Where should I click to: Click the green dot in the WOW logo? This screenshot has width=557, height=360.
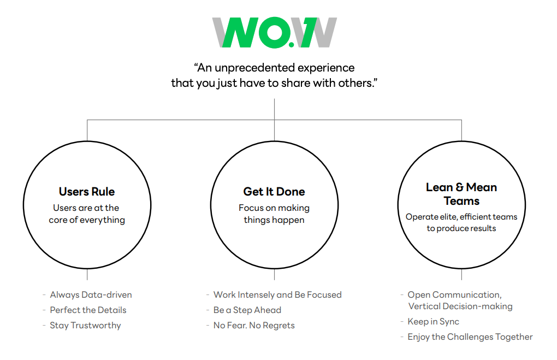point(292,45)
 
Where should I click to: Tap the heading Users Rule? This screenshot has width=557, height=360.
point(87,192)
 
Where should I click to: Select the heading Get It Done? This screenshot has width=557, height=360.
point(274,192)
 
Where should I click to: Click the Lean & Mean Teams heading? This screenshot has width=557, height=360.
point(461,194)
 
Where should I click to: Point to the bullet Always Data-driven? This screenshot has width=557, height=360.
point(91,294)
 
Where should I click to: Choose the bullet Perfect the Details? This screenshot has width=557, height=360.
point(88,310)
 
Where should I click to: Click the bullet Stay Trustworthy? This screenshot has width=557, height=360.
point(85,326)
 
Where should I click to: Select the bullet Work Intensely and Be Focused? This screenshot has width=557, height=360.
point(277,294)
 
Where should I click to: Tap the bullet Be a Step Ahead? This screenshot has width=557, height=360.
point(247,310)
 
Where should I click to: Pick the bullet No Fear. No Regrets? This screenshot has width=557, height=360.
point(254,325)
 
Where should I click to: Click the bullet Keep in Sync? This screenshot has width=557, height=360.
point(434,322)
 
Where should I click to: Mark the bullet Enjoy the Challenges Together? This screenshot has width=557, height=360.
point(470,337)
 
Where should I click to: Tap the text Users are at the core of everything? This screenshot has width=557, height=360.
point(87,214)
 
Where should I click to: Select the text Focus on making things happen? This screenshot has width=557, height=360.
point(274,214)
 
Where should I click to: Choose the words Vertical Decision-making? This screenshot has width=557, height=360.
point(460,306)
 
